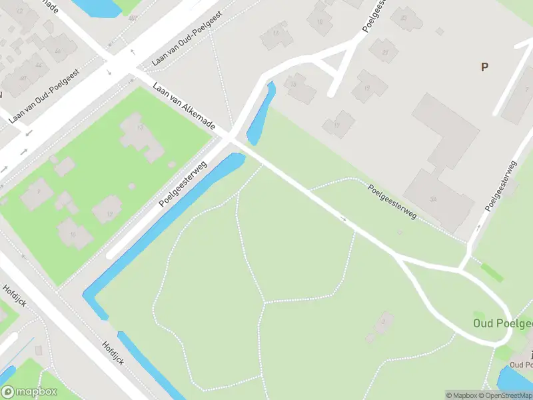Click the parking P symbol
(484, 67)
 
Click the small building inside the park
(380, 327)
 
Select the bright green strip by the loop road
(492, 273)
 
